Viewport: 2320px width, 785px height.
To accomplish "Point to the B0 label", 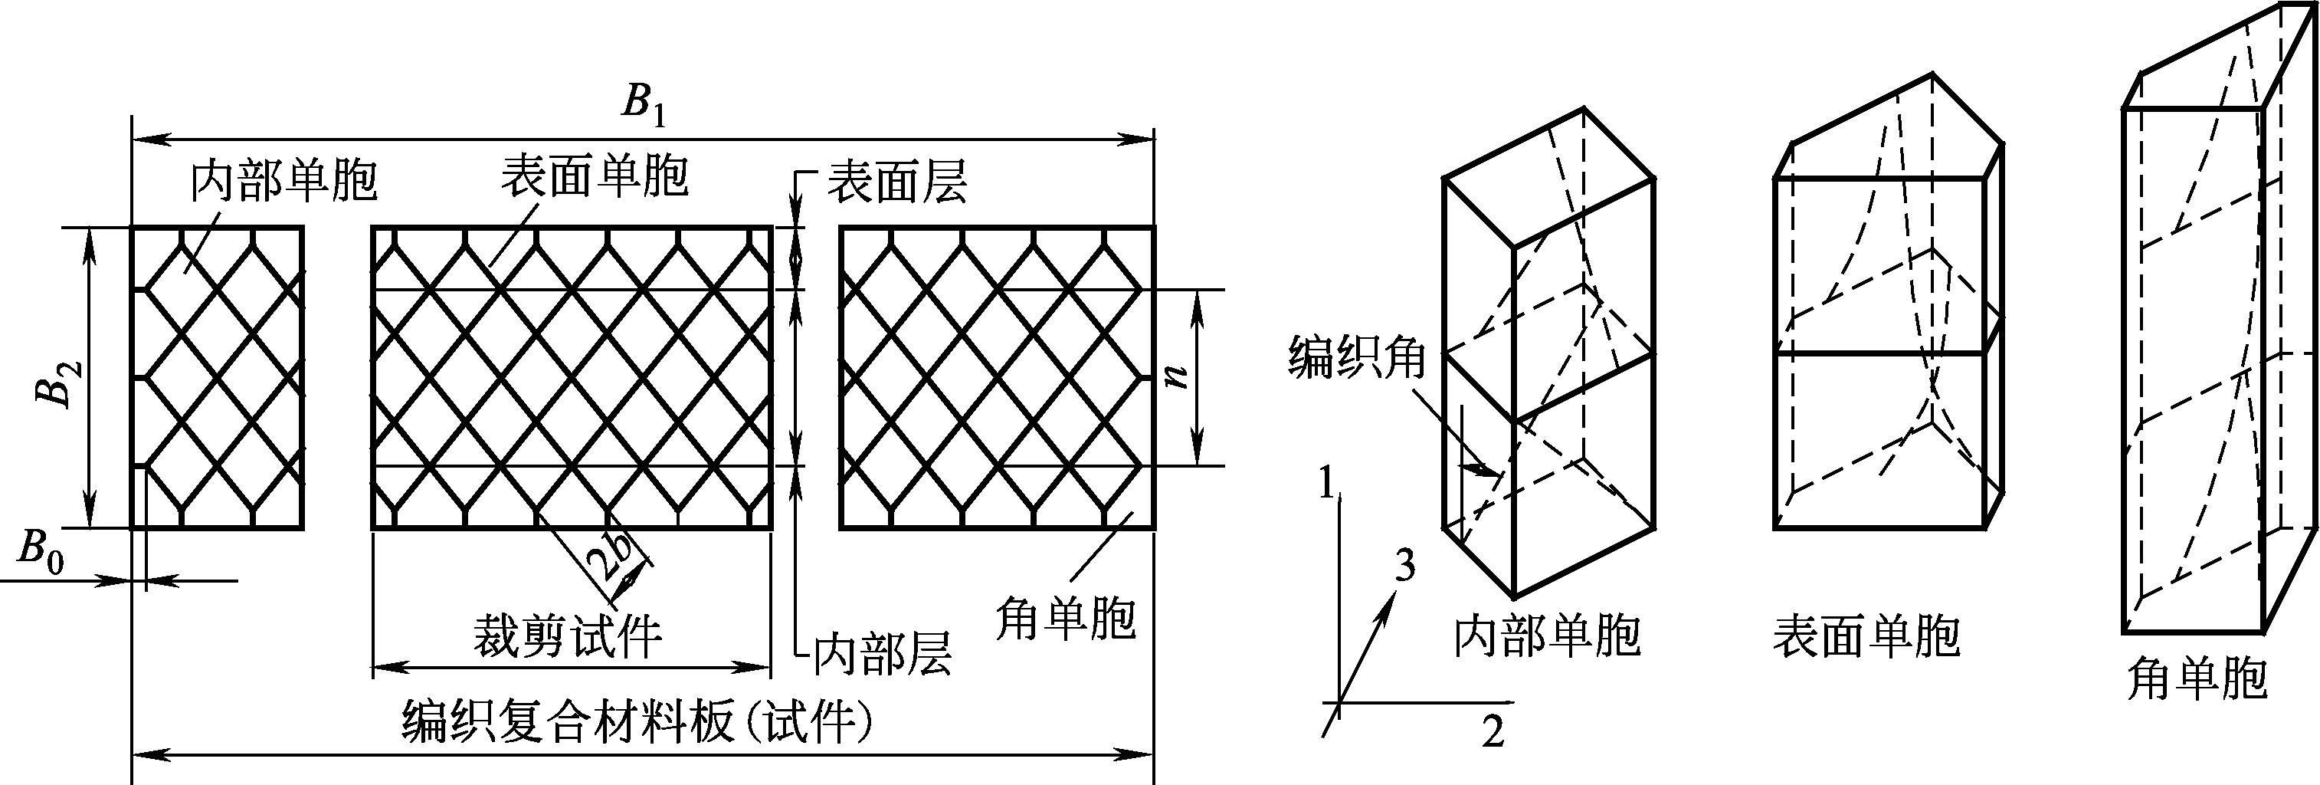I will (41, 552).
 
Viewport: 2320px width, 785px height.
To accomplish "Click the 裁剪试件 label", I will (568, 636).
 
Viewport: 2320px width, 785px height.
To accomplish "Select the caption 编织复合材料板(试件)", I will (637, 723).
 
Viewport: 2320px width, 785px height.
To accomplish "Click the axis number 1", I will (1325, 485).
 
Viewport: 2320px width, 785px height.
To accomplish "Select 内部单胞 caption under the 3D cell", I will (1547, 637).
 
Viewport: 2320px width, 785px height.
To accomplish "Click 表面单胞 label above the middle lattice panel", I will (595, 176).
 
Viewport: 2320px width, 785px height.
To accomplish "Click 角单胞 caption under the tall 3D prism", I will (2195, 679).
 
